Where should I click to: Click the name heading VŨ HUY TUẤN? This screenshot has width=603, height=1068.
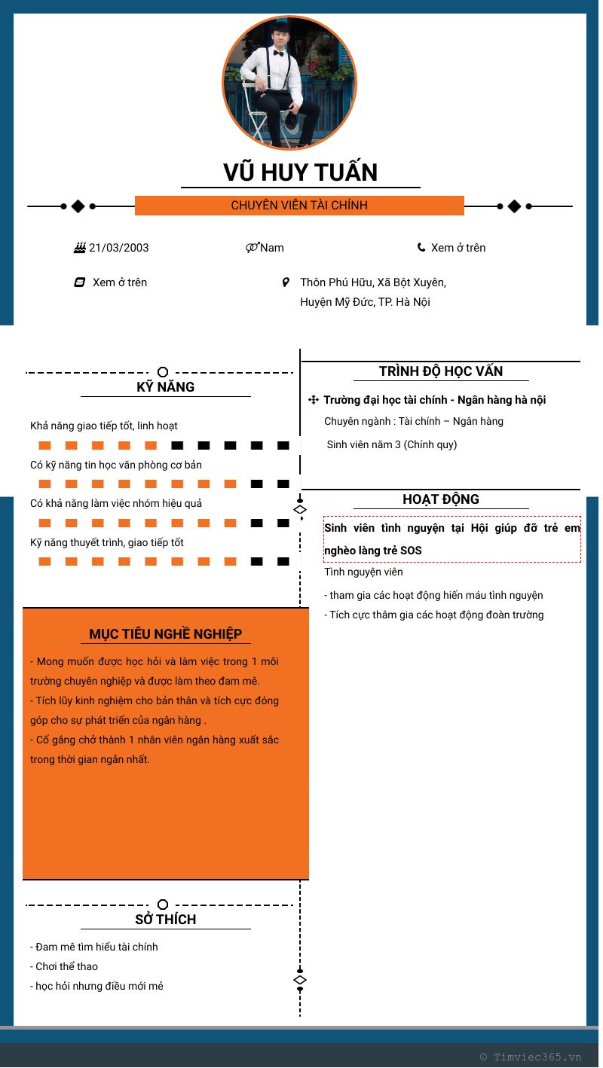tap(300, 172)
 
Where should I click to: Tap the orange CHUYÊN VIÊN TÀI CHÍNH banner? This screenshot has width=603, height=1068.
tap(299, 206)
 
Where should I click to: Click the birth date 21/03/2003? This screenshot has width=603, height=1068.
tap(118, 248)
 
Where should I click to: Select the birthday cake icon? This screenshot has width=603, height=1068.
tap(79, 248)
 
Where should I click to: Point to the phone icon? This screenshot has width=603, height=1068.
tap(421, 247)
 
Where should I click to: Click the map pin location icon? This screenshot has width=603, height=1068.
tap(286, 282)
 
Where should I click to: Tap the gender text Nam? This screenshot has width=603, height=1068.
tap(272, 248)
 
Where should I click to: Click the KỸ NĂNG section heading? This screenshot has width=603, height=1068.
tap(165, 387)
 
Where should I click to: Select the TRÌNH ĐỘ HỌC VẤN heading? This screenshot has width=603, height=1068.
tap(441, 371)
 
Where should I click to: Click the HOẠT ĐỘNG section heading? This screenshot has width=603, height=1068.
tap(441, 499)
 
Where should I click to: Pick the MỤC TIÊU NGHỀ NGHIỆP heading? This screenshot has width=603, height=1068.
tap(165, 634)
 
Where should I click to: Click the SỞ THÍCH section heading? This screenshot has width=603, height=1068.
tap(165, 920)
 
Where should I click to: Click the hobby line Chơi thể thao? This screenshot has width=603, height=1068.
tap(66, 966)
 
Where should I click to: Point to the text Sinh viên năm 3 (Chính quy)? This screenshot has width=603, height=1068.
tap(392, 444)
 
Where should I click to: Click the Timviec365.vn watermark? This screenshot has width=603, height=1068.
tap(531, 1057)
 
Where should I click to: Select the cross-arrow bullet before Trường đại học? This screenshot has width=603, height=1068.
tap(314, 400)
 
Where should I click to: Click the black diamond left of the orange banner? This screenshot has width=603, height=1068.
tap(78, 206)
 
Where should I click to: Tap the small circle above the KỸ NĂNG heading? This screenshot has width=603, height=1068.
tap(162, 372)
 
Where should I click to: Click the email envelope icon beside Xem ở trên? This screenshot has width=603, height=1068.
tap(79, 282)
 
